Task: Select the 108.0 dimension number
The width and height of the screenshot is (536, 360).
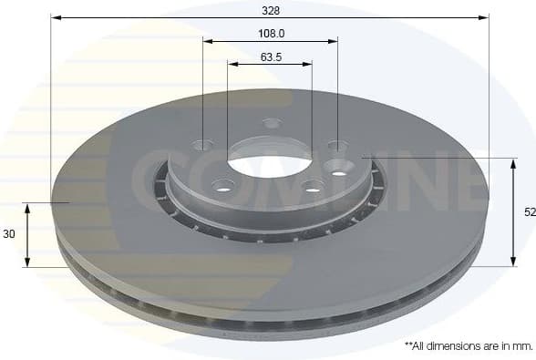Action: [x=270, y=33]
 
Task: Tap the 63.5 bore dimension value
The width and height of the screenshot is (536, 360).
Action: [x=270, y=57]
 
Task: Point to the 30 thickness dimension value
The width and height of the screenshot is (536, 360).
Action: [x=9, y=234]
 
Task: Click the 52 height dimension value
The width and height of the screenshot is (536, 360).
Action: [x=529, y=211]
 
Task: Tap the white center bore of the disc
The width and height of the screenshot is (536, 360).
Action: [x=269, y=166]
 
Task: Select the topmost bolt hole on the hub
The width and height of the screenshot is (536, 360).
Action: [x=272, y=123]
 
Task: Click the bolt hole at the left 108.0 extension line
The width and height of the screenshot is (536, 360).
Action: [x=202, y=144]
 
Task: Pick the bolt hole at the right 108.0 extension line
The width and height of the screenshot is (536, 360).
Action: [x=337, y=146]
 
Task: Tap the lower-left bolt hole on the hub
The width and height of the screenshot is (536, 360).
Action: [x=223, y=185]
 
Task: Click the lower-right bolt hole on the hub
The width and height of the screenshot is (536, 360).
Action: [x=313, y=187]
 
